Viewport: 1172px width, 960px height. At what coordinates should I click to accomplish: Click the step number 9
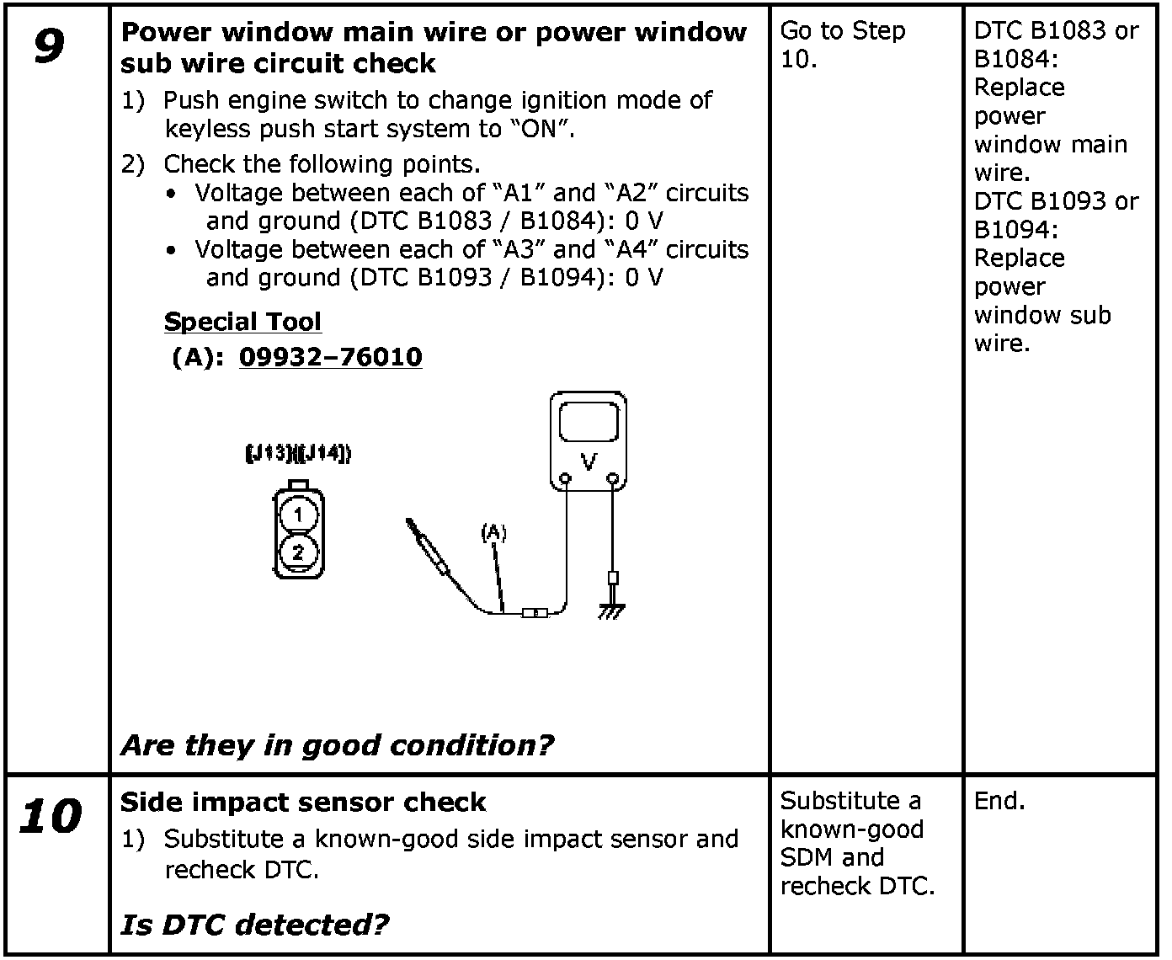click(49, 46)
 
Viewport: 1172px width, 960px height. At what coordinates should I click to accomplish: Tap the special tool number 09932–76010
click(330, 357)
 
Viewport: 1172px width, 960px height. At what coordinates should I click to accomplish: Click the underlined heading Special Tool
click(242, 322)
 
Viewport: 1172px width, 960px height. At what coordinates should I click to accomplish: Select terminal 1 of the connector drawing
click(298, 515)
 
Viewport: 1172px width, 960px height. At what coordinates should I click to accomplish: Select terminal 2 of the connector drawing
click(298, 552)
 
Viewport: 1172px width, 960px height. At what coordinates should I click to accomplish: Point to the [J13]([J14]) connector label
click(298, 454)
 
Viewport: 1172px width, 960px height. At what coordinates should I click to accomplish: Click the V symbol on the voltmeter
click(589, 461)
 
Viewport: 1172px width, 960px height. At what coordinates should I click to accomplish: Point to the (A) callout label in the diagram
click(493, 532)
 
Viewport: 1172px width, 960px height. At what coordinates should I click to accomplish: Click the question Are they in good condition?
click(337, 745)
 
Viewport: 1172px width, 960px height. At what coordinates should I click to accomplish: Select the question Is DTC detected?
click(254, 925)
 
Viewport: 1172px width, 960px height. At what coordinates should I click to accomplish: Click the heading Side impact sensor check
click(303, 802)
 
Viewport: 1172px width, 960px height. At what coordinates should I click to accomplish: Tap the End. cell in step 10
click(999, 801)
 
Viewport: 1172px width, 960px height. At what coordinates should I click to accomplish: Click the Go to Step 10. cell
click(842, 45)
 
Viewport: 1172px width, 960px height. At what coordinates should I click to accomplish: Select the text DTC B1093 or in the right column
click(1056, 201)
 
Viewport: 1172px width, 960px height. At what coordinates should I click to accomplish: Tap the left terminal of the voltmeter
click(566, 480)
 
